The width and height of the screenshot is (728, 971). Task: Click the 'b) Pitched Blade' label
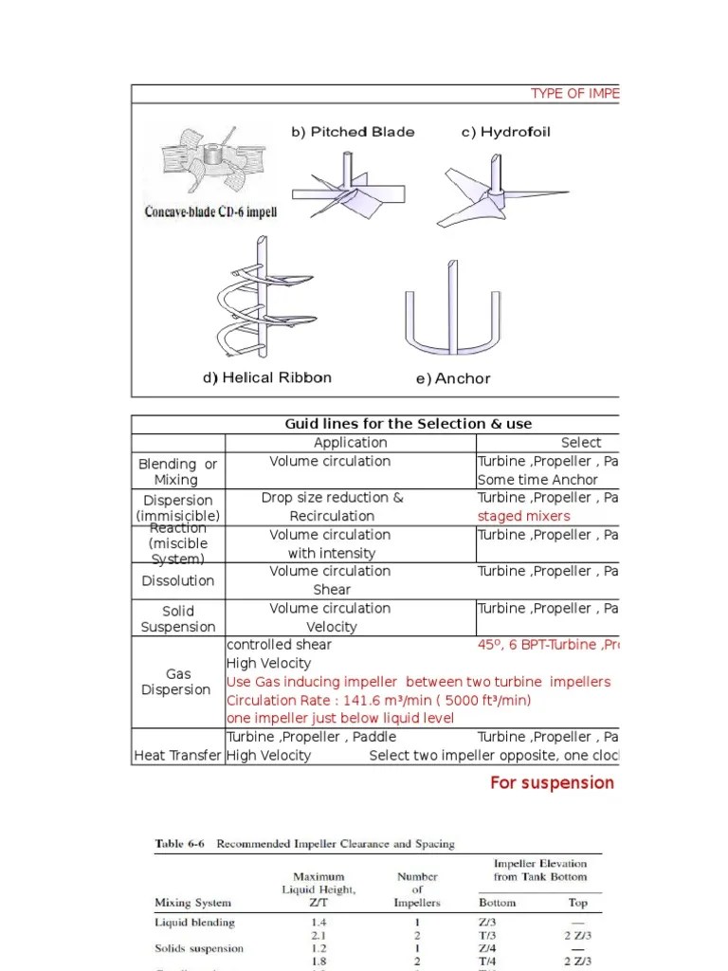point(352,132)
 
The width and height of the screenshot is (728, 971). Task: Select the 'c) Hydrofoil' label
point(505,132)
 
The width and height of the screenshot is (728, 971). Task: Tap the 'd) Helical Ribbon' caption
point(266,377)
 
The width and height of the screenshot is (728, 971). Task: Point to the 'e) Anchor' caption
point(453,378)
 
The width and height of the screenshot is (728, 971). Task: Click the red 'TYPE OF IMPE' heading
point(574,93)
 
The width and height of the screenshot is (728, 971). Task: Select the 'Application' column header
point(350,443)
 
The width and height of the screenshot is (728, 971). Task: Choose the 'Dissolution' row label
point(177,580)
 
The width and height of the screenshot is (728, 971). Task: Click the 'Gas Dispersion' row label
point(177,682)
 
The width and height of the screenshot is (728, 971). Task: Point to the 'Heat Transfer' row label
point(177,755)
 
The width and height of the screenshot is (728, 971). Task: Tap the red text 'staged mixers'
point(523,516)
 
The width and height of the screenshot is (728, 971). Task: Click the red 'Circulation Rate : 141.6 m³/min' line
point(378,700)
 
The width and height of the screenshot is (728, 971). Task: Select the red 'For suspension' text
point(552,782)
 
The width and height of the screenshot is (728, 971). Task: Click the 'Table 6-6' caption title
point(304,843)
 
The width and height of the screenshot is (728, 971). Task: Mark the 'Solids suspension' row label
point(199,948)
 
